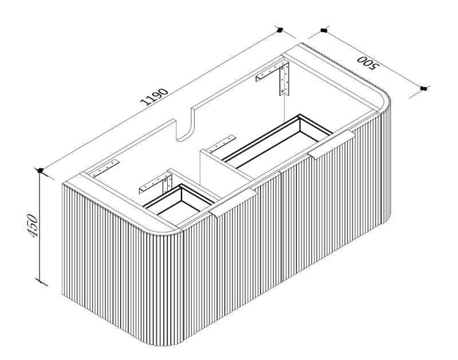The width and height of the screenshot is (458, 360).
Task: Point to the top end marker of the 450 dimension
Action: (x=40, y=170)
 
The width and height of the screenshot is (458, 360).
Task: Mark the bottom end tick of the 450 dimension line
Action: (x=40, y=281)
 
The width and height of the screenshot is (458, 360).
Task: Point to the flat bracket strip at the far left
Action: (x=105, y=167)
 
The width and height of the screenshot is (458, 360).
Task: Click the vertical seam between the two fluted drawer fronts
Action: (x=281, y=229)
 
